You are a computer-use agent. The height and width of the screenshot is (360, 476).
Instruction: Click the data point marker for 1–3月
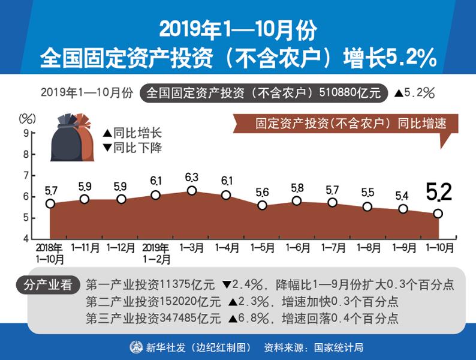pyautogui.click(x=192, y=190)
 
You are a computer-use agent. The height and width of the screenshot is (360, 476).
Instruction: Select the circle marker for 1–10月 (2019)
pyautogui.click(x=438, y=214)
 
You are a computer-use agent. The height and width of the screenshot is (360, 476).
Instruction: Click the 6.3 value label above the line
pyautogui.click(x=192, y=177)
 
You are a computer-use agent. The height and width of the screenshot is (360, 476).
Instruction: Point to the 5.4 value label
pyautogui.click(x=402, y=196)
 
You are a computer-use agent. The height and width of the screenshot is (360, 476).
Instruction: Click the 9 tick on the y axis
pyautogui.click(x=26, y=133)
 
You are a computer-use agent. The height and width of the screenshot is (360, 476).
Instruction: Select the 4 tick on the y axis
pyautogui.click(x=26, y=238)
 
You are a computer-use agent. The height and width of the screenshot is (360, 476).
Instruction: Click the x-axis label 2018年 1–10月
pyautogui.click(x=50, y=252)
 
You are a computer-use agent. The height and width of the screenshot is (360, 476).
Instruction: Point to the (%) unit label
pyautogui.click(x=28, y=118)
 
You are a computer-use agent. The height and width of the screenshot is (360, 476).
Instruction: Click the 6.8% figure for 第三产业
pyautogui.click(x=250, y=317)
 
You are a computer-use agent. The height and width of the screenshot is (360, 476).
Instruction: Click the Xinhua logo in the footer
pyautogui.click(x=137, y=347)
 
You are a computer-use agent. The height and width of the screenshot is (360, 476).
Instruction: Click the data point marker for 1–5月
pyautogui.click(x=262, y=205)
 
